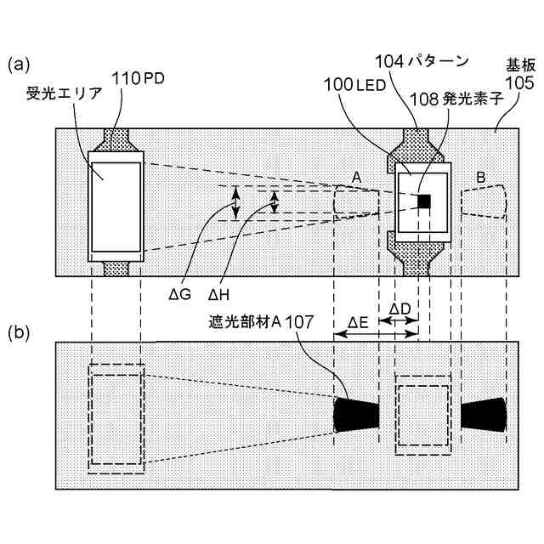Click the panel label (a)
coord(19,64)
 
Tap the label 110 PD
coord(132,78)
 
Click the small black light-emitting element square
coord(424,201)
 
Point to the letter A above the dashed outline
coord(357,177)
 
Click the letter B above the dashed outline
coord(480,178)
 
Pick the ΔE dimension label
coord(358,324)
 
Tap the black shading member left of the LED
coord(357,414)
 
